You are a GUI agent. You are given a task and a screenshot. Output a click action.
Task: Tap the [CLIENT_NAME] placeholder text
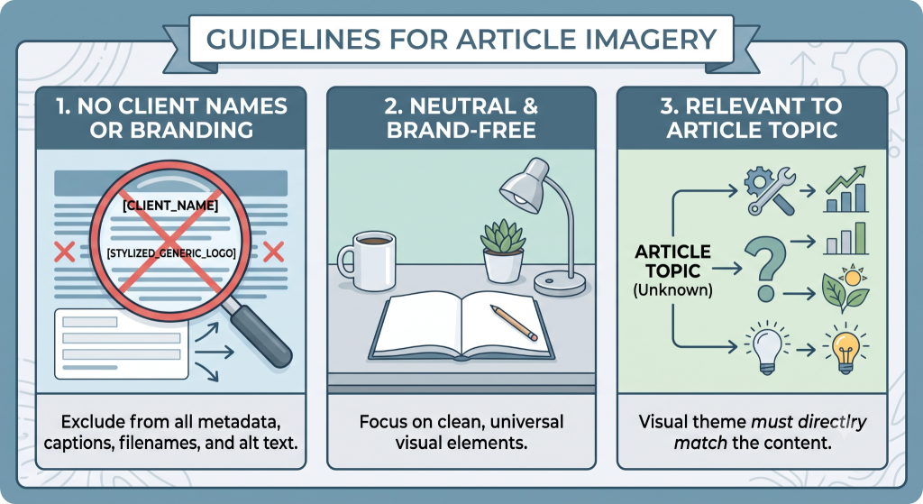pyautogui.click(x=170, y=206)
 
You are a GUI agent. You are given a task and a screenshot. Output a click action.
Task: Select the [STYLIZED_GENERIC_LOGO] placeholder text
pyautogui.click(x=171, y=253)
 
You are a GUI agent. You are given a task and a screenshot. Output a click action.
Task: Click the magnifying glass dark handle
pyautogui.click(x=261, y=337)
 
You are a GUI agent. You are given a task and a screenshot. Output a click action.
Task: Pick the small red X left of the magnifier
pyautogui.click(x=64, y=252)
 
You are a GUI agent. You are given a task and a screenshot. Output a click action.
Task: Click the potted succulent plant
pyautogui.click(x=502, y=252)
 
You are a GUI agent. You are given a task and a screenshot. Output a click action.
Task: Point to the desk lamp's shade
pyautogui.click(x=524, y=185)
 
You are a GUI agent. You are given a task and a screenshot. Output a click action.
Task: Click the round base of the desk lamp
pyautogui.click(x=560, y=283)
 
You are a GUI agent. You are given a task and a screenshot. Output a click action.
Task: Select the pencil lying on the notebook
pyautogui.click(x=513, y=323)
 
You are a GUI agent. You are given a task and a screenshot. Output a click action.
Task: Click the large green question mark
pyautogui.click(x=765, y=269)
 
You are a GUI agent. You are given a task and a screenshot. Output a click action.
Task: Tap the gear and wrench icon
pyautogui.click(x=770, y=190)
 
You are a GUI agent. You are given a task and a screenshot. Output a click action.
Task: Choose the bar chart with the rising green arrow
pyautogui.click(x=846, y=189)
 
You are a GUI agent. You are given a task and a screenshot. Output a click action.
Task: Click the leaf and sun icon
pyautogui.click(x=845, y=289)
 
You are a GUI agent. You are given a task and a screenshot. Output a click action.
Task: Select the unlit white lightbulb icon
pyautogui.click(x=766, y=348)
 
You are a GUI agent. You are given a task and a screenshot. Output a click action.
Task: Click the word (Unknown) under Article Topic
pyautogui.click(x=672, y=290)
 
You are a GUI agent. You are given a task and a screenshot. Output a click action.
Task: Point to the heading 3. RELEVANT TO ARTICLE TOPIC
pyautogui.click(x=752, y=118)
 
